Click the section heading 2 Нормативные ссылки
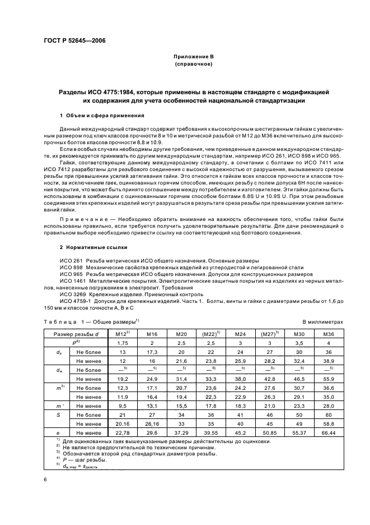[93, 247]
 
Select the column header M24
[241, 334]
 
